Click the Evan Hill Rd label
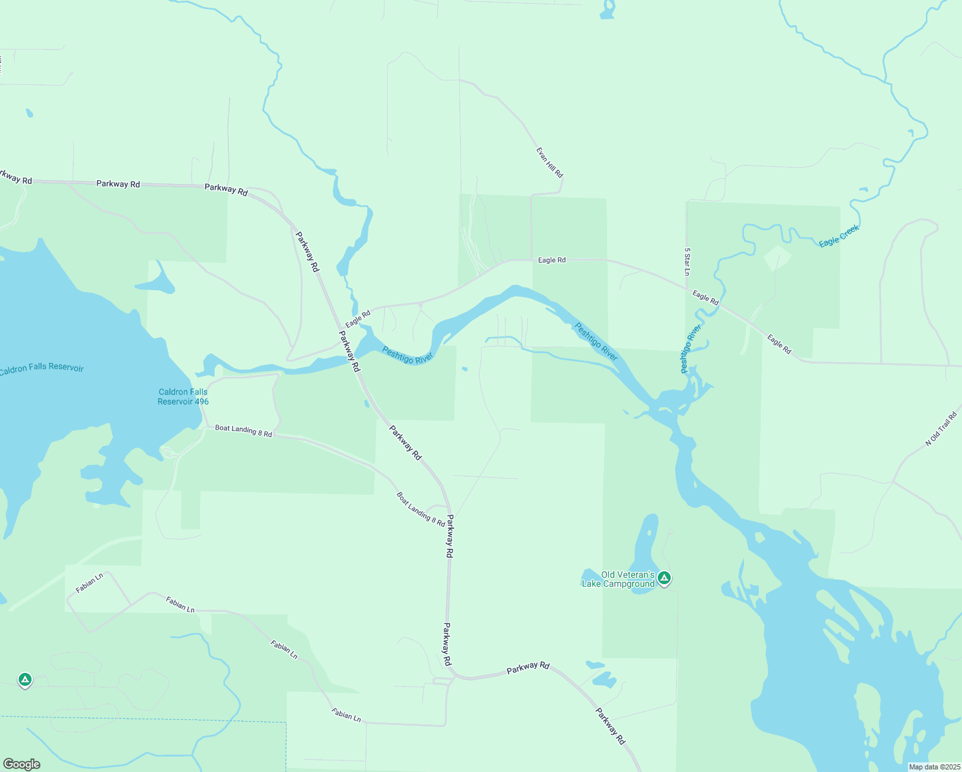click(550, 162)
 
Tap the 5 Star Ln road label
click(687, 262)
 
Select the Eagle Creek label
click(839, 237)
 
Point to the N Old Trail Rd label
click(941, 429)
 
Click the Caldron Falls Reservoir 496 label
click(183, 396)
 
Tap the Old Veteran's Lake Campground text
click(618, 579)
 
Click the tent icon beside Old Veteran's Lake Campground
click(664, 578)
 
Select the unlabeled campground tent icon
click(24, 679)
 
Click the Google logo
click(22, 764)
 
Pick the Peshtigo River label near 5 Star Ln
click(691, 349)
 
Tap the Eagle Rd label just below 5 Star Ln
click(705, 297)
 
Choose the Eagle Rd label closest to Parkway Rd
click(358, 318)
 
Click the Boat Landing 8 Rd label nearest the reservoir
click(243, 431)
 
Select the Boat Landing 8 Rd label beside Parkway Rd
click(421, 510)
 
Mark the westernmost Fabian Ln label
click(89, 583)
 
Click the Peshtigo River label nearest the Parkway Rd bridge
click(408, 355)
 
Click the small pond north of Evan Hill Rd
click(607, 10)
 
